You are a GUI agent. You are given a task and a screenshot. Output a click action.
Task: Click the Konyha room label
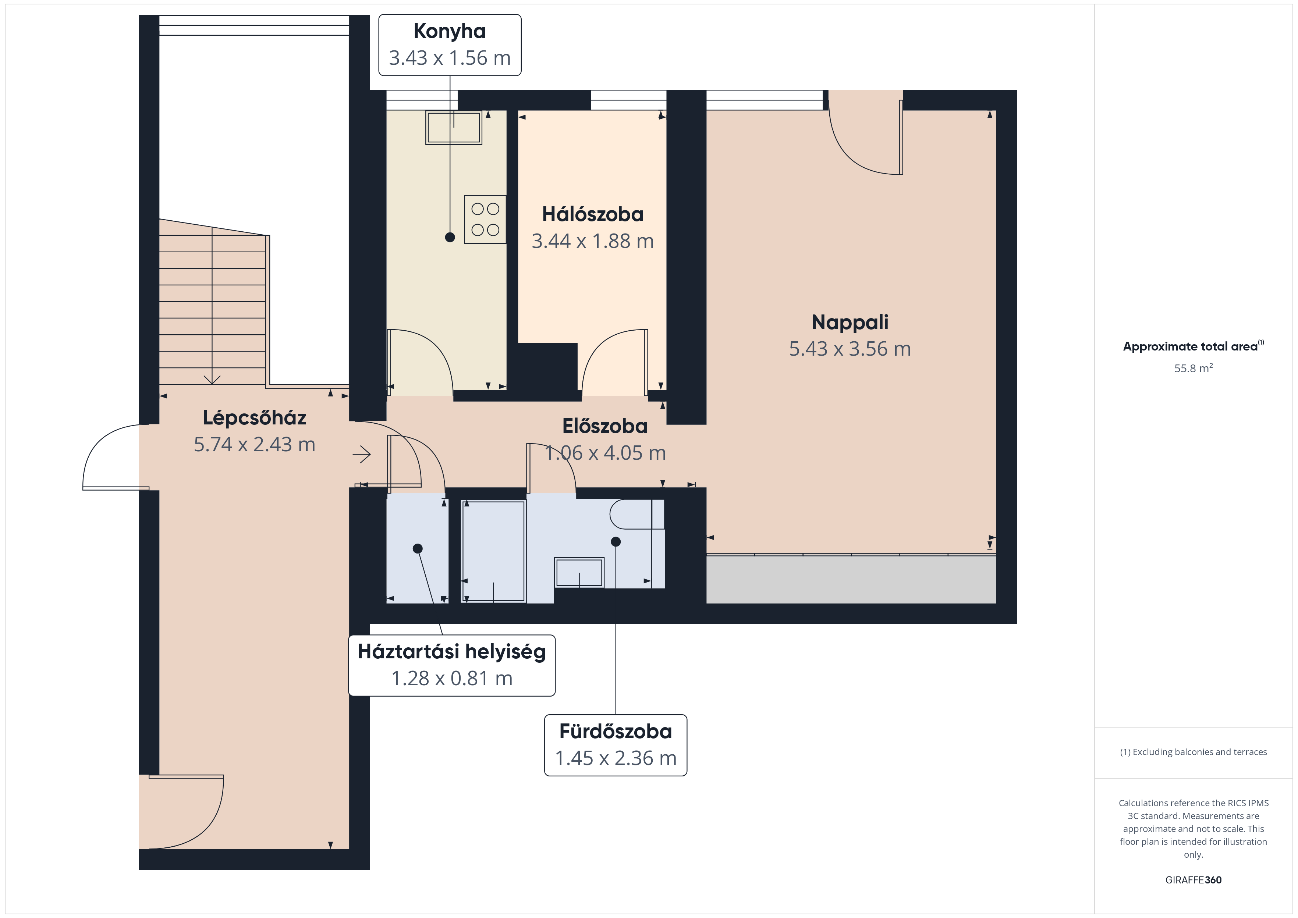[450, 31]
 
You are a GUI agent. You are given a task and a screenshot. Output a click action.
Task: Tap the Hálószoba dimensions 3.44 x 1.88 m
[592, 241]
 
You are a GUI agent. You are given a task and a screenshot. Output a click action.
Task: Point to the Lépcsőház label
[254, 418]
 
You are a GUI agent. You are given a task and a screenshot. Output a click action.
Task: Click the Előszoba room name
[605, 426]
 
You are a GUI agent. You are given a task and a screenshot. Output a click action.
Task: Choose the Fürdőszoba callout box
[616, 745]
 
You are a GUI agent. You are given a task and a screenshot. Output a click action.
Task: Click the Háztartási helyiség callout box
[452, 665]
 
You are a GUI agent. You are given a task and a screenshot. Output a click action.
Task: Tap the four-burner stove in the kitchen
[485, 219]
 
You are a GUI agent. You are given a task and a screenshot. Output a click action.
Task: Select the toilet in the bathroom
[636, 515]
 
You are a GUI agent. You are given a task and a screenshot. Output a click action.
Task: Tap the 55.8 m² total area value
[1194, 369]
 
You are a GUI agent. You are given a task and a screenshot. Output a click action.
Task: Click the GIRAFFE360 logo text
[1194, 880]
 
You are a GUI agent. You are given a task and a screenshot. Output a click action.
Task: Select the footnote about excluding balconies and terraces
[1194, 752]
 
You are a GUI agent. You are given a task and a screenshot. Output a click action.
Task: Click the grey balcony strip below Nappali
[851, 579]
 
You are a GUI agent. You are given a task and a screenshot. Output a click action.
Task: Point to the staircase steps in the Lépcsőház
[212, 302]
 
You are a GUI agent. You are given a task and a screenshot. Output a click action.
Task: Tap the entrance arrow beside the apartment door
[362, 454]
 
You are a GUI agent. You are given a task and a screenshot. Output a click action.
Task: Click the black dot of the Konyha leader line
[450, 238]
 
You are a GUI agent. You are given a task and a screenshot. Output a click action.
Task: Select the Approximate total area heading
[1194, 346]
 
